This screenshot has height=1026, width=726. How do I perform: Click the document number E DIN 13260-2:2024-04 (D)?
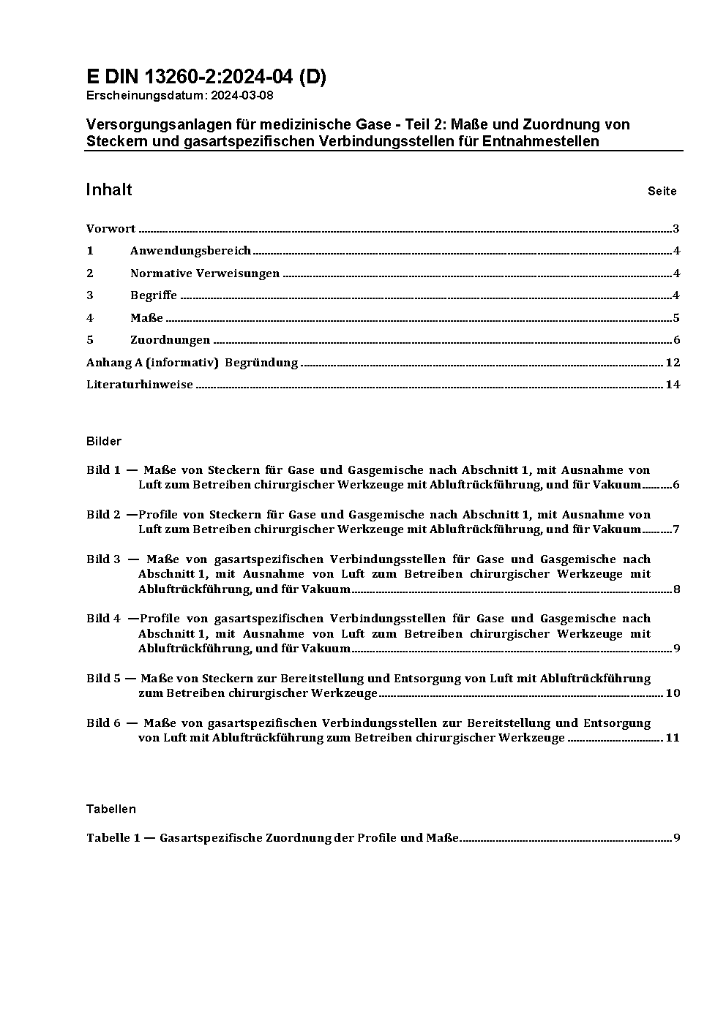tap(206, 77)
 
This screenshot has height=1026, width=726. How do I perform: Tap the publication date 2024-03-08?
tap(242, 95)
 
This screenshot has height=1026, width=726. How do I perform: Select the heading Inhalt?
tap(109, 189)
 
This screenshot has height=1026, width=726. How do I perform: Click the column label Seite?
tap(662, 192)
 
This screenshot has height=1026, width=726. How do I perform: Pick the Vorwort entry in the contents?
tap(111, 229)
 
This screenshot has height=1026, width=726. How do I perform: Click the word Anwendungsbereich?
tap(190, 251)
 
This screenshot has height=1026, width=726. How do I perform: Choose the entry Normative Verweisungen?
tap(205, 274)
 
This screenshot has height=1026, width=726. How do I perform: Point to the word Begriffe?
tap(154, 295)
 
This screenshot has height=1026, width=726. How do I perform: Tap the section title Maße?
tap(146, 318)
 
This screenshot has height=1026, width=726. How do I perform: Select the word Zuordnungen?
tap(170, 340)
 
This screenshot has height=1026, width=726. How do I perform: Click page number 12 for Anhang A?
tap(673, 363)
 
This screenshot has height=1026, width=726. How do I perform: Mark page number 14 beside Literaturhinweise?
tap(673, 385)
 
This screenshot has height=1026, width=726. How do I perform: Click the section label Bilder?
tap(103, 442)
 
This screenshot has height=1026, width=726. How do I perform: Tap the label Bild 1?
tap(103, 470)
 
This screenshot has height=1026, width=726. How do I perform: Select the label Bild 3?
tap(103, 559)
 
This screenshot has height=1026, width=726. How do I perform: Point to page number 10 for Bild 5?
tap(673, 693)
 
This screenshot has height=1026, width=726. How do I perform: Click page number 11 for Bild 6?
tap(673, 738)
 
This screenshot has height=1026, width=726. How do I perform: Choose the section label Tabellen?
tap(111, 809)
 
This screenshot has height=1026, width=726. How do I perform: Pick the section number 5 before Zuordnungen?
tap(90, 340)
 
